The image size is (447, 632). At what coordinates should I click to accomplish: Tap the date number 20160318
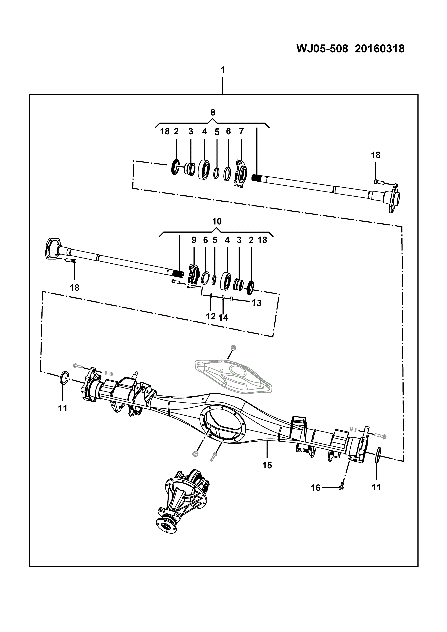[380, 49]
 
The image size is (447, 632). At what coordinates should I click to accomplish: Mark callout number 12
[211, 316]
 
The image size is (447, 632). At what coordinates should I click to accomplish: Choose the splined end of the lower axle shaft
[177, 274]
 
